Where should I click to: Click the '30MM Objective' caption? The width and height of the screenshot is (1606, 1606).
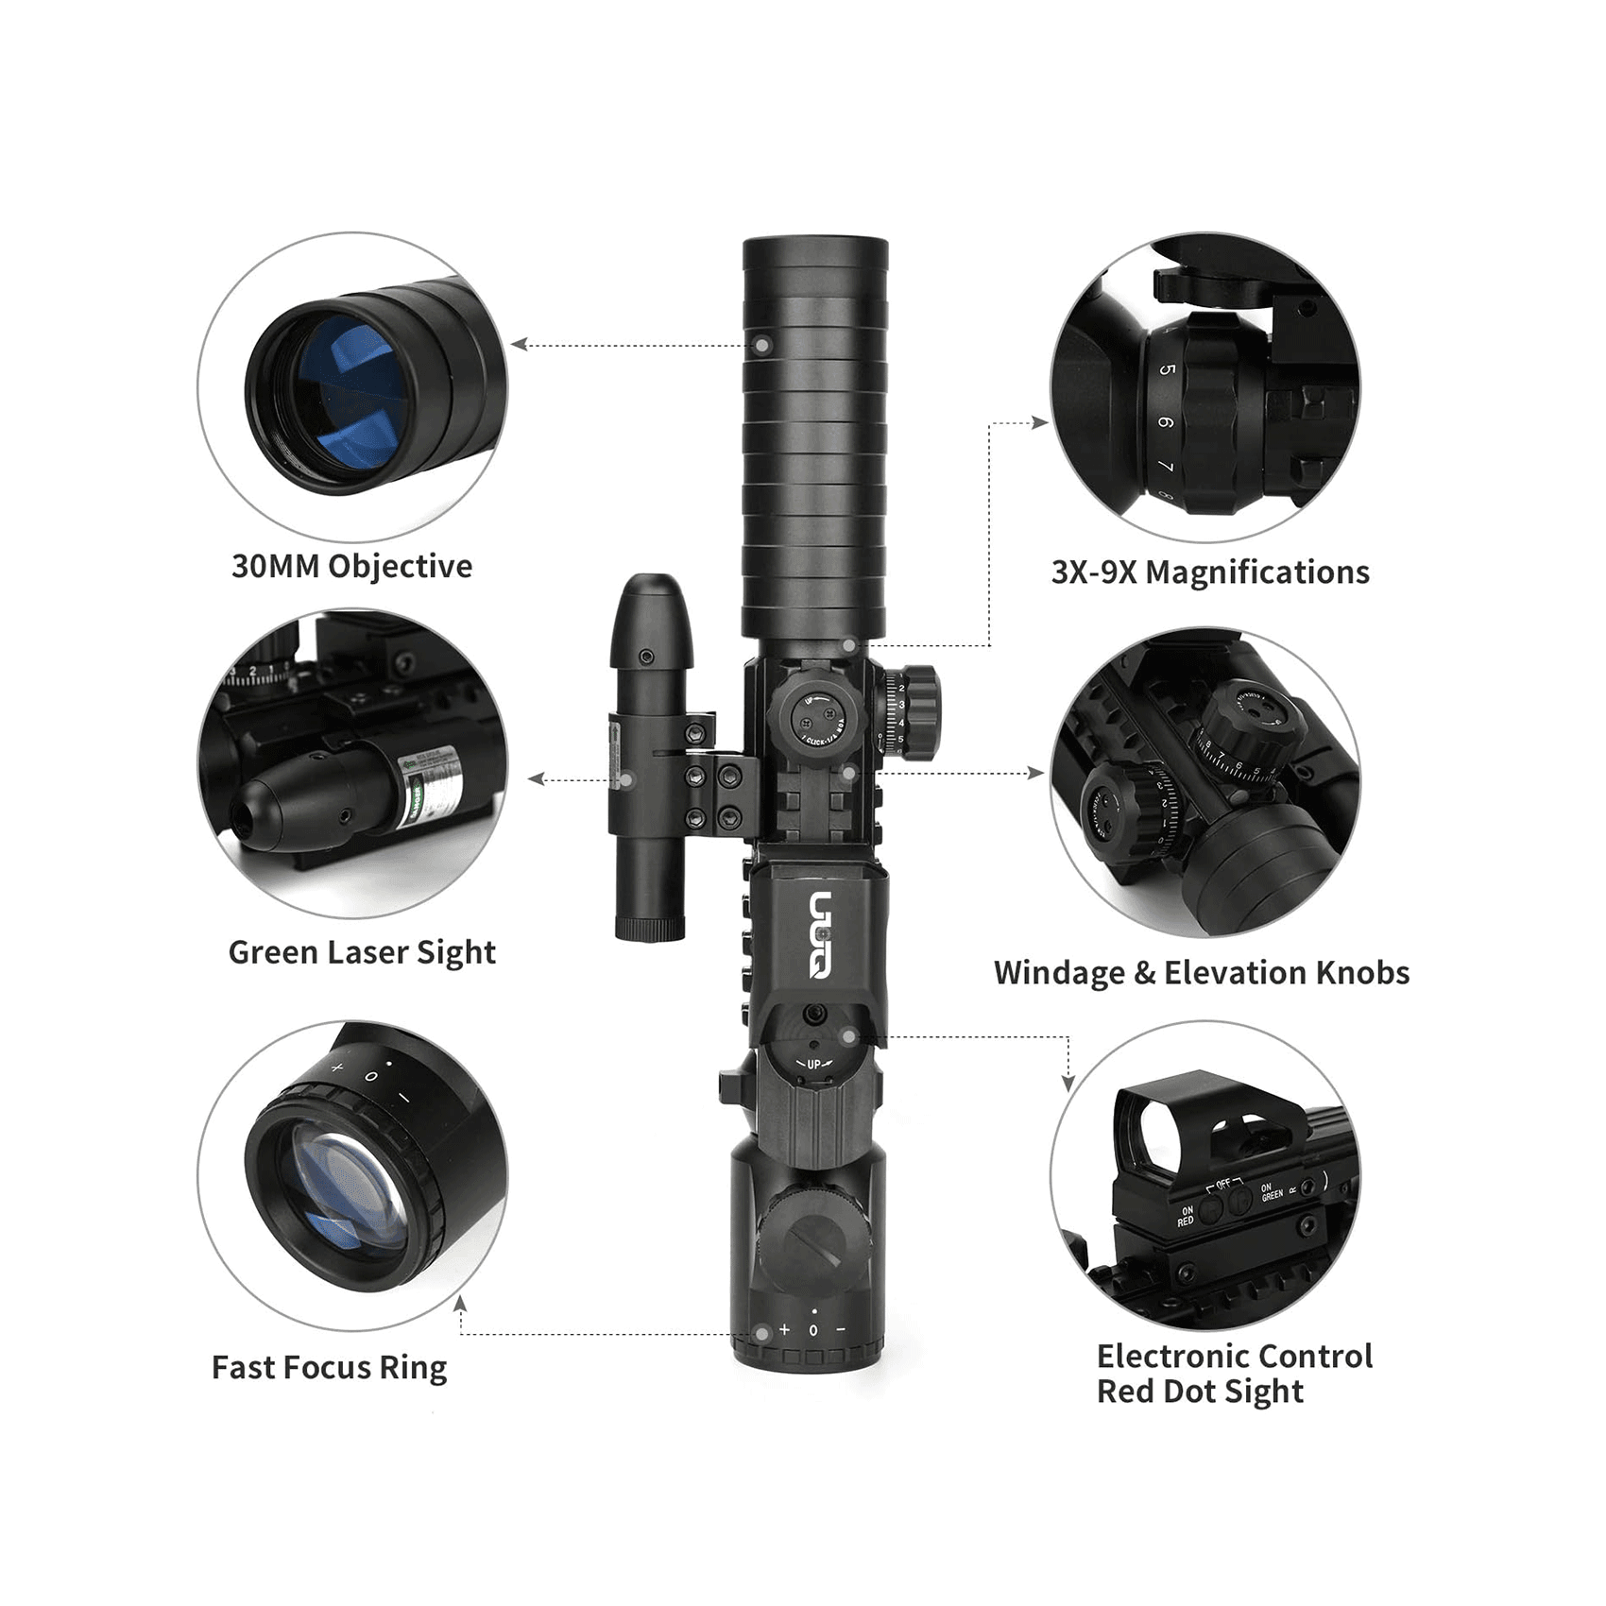coord(351,566)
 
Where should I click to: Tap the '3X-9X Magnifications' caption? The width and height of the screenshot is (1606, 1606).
coord(1209,572)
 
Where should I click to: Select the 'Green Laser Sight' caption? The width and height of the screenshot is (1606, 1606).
coord(362,952)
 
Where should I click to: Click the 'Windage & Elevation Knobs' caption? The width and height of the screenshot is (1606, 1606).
coord(1201,973)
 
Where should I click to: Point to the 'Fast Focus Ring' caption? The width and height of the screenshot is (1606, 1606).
coord(329,1367)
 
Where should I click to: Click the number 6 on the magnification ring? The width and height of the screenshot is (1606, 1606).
coord(1166,422)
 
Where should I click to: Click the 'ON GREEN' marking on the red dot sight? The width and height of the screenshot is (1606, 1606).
coord(1272,1192)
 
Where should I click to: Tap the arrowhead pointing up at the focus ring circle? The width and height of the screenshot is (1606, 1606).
coord(460,1304)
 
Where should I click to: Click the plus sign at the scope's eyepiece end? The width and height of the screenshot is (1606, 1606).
coord(784,1329)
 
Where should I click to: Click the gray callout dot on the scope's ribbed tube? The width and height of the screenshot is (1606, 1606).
coord(762,346)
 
